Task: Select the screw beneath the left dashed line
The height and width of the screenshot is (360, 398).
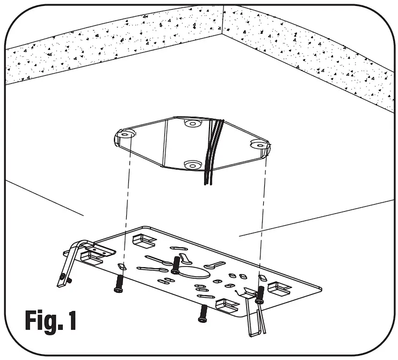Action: pos(119,284)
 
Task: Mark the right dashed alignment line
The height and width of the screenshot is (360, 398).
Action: pos(263,215)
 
